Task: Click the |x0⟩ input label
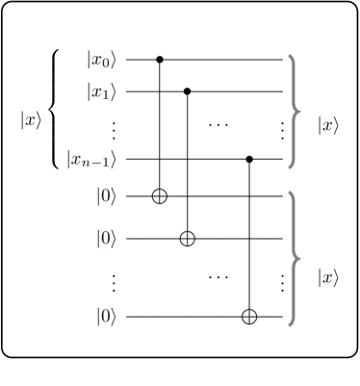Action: (101, 59)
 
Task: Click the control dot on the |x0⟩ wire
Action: (160, 59)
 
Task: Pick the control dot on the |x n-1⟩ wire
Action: (250, 158)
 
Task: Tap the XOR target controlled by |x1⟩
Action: (187, 237)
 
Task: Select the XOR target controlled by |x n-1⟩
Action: (250, 316)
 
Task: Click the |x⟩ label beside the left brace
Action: (31, 120)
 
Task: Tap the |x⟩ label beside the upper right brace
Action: (328, 126)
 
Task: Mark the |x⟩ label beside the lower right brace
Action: (328, 276)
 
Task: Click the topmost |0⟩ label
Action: (107, 196)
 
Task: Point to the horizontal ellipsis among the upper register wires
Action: (219, 126)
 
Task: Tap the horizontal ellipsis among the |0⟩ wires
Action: (219, 276)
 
